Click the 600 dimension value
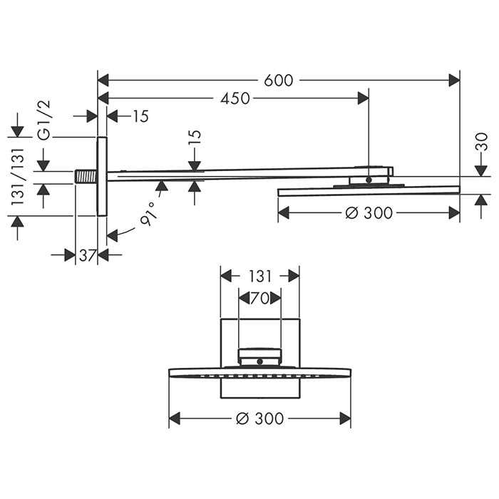pyautogui.click(x=279, y=81)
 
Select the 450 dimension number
pyautogui.click(x=235, y=99)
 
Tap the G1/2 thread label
pyautogui.click(x=44, y=120)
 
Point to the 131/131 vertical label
pyautogui.click(x=18, y=176)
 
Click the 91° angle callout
pyautogui.click(x=149, y=214)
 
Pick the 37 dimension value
pyautogui.click(x=88, y=255)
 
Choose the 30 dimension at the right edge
pyautogui.click(x=483, y=142)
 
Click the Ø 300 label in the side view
pyautogui.click(x=369, y=213)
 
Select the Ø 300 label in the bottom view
pyautogui.click(x=260, y=418)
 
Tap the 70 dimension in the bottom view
pyautogui.click(x=260, y=299)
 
